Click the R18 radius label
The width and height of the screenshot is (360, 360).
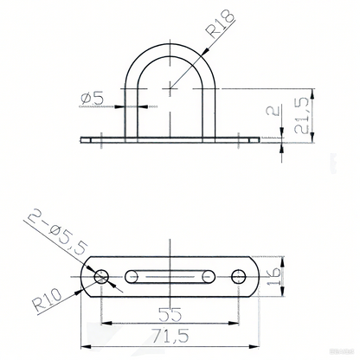click(217, 33)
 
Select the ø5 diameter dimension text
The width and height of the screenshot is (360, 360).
click(94, 98)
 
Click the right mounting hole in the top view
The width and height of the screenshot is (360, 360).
click(239, 277)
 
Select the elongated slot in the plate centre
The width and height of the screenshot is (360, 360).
click(170, 277)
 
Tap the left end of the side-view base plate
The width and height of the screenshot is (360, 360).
click(86, 138)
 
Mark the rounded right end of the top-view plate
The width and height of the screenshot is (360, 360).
click(256, 277)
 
